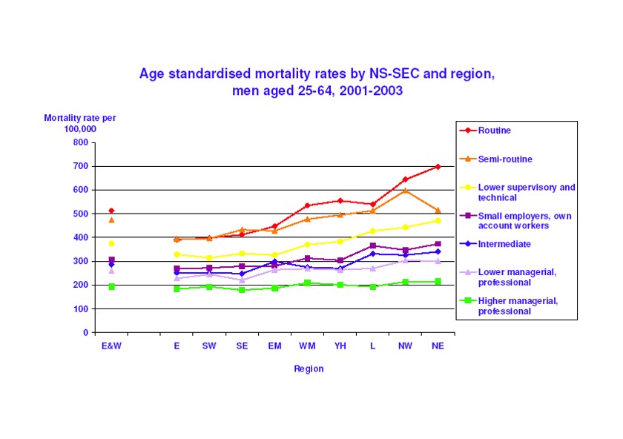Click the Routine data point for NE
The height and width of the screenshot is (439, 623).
coord(438,166)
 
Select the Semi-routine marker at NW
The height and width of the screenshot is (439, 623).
coord(405,191)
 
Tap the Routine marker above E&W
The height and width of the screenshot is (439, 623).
coord(111,211)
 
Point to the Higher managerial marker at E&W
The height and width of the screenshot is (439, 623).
coord(111,286)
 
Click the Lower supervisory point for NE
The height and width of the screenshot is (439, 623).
coord(438,220)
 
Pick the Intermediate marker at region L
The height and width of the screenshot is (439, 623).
coord(372,254)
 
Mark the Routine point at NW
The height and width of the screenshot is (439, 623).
coord(405,179)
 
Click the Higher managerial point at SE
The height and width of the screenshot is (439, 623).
coord(242,290)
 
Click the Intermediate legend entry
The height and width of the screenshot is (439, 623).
coord(504,244)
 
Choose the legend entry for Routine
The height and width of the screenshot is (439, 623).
coord(494,131)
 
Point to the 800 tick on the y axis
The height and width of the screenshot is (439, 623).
coord(80,142)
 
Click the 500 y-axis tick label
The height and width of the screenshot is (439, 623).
coord(80,214)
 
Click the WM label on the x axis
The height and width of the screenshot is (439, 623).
coord(307,346)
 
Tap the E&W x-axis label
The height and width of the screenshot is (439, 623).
coord(111,346)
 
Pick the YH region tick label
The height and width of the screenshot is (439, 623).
coord(340,346)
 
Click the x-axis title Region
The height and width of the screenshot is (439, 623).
coord(309,369)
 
